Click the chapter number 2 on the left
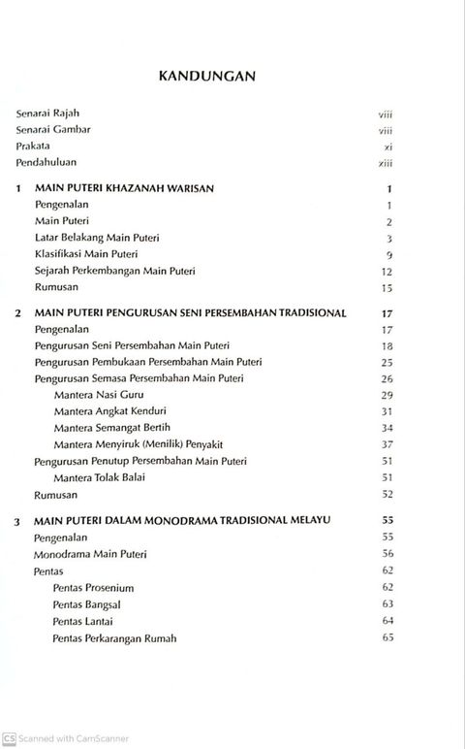18,314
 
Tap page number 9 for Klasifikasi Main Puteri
387,254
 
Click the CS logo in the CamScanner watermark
9,738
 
